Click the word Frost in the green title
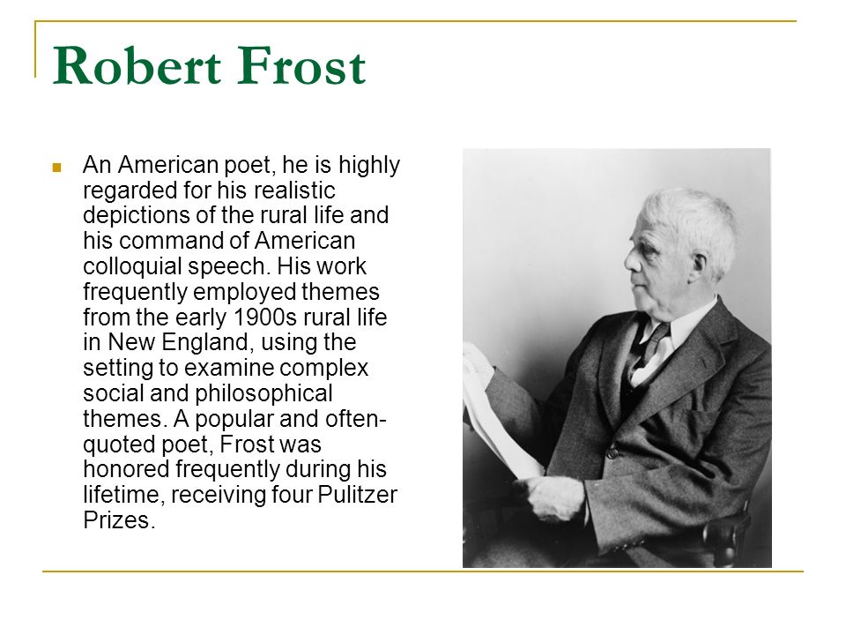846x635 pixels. [x=301, y=66]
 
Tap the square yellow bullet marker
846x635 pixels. [x=56, y=168]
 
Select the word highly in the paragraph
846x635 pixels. [x=369, y=165]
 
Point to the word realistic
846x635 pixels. [x=294, y=190]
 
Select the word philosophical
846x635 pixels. [x=263, y=393]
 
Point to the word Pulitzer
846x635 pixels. [x=358, y=495]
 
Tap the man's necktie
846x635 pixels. [x=645, y=351]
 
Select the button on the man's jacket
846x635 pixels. [x=612, y=452]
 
